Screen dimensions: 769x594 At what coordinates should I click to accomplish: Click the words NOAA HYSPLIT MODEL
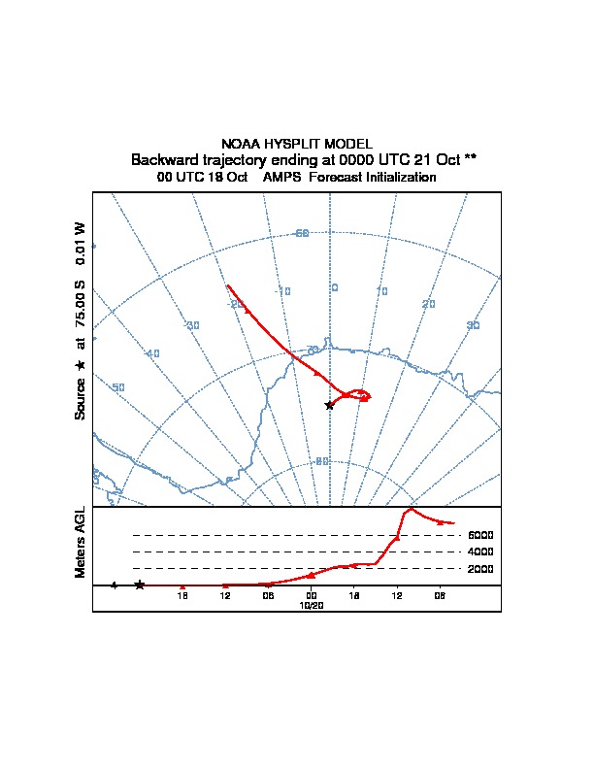coord(296,144)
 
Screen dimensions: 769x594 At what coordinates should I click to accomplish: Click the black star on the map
coord(330,405)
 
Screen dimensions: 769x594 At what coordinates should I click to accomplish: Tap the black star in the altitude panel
coord(140,585)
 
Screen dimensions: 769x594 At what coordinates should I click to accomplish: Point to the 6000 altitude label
coord(480,535)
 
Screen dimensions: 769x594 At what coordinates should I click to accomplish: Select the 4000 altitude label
coord(480,552)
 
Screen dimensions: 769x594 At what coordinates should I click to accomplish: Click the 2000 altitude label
coord(480,569)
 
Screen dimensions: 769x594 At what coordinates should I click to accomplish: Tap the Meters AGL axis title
coord(81,542)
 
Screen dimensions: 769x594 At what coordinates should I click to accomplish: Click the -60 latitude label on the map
coord(301,233)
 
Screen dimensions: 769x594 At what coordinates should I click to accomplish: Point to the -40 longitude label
coord(151,353)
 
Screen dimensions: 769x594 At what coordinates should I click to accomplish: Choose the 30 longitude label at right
coord(474,325)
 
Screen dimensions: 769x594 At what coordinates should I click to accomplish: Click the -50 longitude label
coord(117,388)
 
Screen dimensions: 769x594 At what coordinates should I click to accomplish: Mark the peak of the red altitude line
coord(412,508)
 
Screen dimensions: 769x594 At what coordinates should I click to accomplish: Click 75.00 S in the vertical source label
coord(81,310)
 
